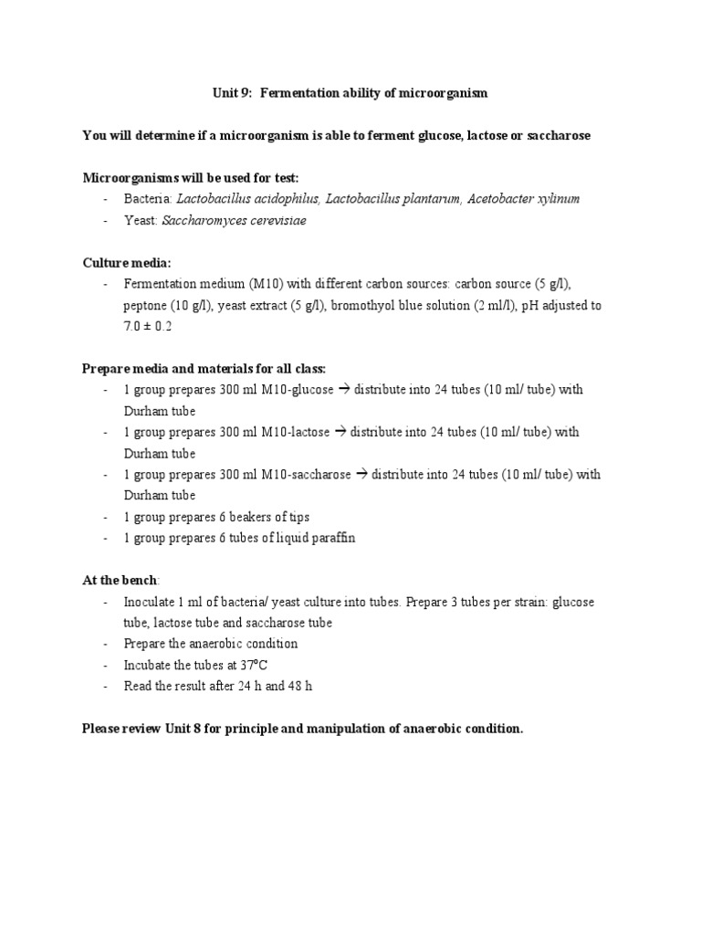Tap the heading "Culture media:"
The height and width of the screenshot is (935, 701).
pyautogui.click(x=127, y=263)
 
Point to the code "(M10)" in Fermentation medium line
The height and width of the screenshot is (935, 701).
pyautogui.click(x=255, y=284)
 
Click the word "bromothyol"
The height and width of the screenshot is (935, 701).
pyautogui.click(x=364, y=305)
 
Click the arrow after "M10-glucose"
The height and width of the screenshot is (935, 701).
pyautogui.click(x=345, y=390)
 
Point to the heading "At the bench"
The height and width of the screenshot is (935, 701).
pyautogui.click(x=120, y=581)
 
